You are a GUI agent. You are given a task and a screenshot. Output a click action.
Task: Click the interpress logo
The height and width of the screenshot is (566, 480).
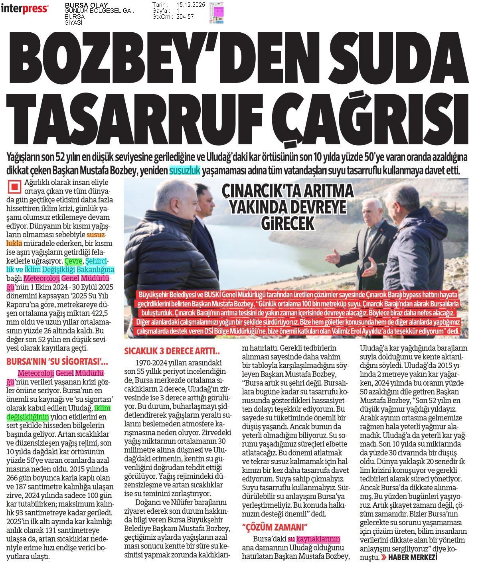coord(24,9)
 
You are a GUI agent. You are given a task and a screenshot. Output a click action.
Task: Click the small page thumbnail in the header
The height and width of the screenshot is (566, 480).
coord(216,12)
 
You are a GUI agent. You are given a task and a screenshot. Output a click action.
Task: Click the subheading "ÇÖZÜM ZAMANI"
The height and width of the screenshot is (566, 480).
coord(275,526)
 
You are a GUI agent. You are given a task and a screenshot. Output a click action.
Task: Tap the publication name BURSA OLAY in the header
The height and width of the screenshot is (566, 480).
coord(86,5)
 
